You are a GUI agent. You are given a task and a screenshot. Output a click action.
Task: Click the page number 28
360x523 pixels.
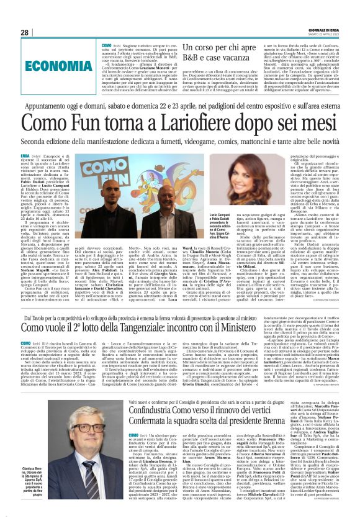(25, 32)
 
